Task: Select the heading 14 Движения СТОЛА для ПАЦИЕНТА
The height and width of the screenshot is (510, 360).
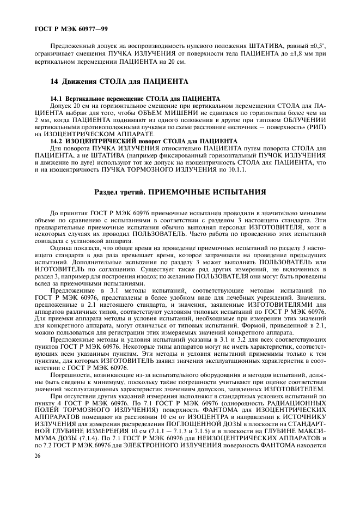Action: [x=119, y=82]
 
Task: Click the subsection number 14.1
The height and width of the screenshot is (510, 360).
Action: [x=56, y=98]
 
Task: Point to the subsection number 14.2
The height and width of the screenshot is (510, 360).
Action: [x=56, y=141]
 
